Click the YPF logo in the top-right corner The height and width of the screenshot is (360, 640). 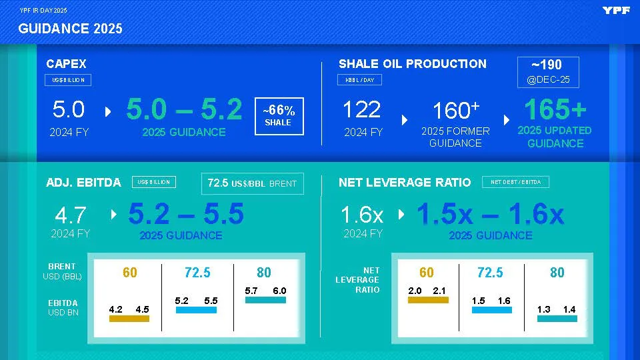[x=615, y=10]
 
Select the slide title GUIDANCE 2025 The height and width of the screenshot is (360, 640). [x=70, y=29]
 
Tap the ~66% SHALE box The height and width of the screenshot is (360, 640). [x=279, y=115]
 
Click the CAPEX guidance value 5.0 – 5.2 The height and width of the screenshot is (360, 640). [x=184, y=110]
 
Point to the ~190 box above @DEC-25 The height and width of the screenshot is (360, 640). [x=547, y=65]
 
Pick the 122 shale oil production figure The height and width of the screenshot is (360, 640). [x=361, y=110]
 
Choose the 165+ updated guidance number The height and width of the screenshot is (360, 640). [x=555, y=109]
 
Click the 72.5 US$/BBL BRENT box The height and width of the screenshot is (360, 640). [x=252, y=183]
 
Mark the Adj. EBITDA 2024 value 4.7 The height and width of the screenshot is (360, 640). [x=71, y=215]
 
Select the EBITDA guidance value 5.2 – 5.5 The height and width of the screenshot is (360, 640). [x=185, y=215]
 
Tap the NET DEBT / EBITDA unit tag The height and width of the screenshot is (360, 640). [x=515, y=182]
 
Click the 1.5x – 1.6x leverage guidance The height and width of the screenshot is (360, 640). [x=490, y=215]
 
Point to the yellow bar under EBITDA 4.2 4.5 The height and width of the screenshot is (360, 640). [x=129, y=319]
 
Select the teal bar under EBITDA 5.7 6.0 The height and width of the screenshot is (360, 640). [x=265, y=300]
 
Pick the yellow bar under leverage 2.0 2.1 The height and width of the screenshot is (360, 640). [x=427, y=300]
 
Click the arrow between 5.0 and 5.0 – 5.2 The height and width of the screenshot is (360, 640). [x=109, y=111]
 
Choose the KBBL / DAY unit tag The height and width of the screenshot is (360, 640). [x=360, y=81]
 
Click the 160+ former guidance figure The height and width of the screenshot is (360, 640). [x=456, y=111]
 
